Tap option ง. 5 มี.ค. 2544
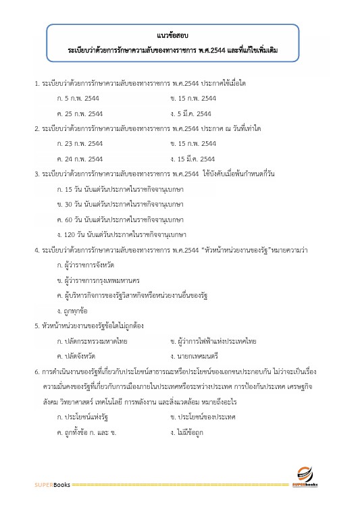coord(191,113)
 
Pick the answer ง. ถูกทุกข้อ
coord(74,311)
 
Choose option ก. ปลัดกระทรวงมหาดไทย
coord(92,341)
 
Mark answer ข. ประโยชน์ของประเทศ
coord(202,417)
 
